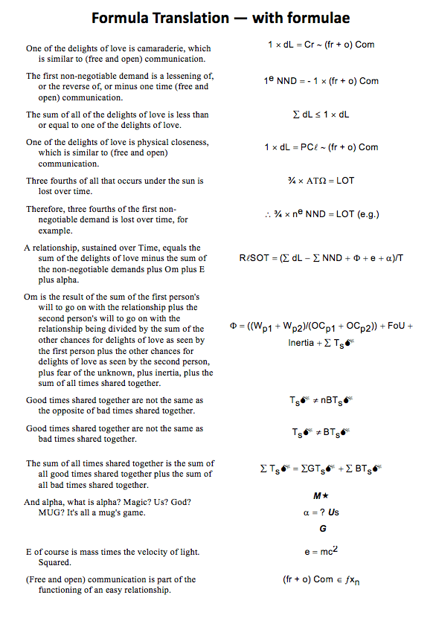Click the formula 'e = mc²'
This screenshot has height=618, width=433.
click(321, 553)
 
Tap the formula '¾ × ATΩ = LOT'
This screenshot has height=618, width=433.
click(321, 181)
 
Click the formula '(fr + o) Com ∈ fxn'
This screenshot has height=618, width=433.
click(321, 580)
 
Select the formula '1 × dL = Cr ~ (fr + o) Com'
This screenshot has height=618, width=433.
click(321, 45)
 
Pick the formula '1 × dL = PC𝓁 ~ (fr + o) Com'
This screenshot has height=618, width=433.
click(321, 147)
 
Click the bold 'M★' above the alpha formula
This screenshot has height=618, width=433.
click(321, 496)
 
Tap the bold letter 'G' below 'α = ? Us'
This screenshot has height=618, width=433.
click(322, 529)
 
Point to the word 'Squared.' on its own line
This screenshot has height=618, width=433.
click(54, 563)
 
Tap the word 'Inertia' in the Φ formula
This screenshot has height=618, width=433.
click(302, 343)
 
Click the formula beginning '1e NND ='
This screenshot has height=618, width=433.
click(321, 80)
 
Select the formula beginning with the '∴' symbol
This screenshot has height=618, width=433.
click(321, 214)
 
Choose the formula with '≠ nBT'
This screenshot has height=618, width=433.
click(321, 400)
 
